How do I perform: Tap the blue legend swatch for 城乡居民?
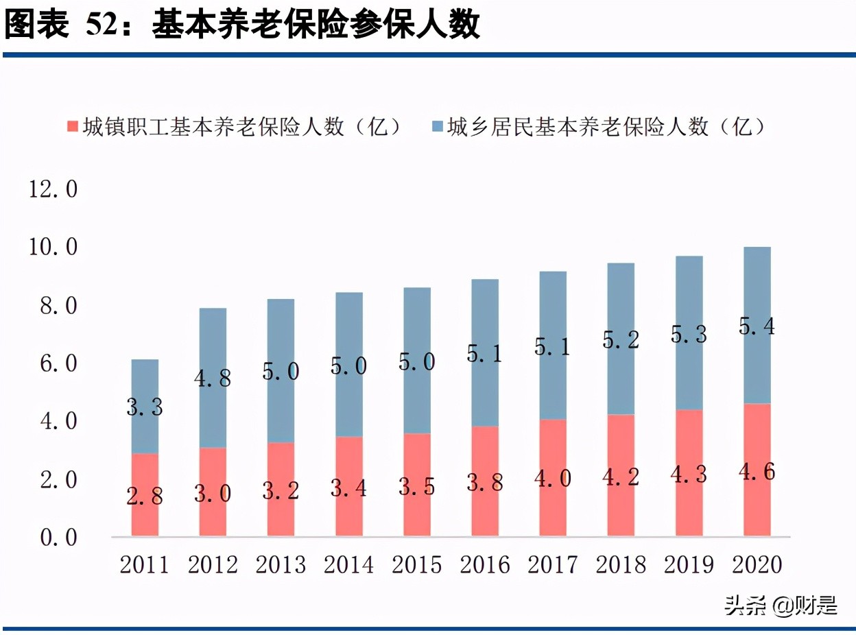(x=436, y=126)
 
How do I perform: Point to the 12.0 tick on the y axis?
(x=53, y=189)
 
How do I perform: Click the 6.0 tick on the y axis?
(x=53, y=363)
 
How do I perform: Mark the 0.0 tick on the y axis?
(x=53, y=537)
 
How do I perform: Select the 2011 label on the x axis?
(x=144, y=564)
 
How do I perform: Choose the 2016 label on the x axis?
(x=485, y=564)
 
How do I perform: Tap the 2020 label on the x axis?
(x=757, y=564)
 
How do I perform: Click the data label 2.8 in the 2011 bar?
(x=145, y=496)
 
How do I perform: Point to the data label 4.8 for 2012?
(x=213, y=378)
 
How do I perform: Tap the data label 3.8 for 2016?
(x=485, y=482)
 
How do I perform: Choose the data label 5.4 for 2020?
(x=757, y=327)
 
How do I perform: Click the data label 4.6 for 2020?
(x=757, y=472)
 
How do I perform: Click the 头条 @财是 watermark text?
(x=781, y=606)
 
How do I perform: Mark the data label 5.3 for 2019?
(x=689, y=334)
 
